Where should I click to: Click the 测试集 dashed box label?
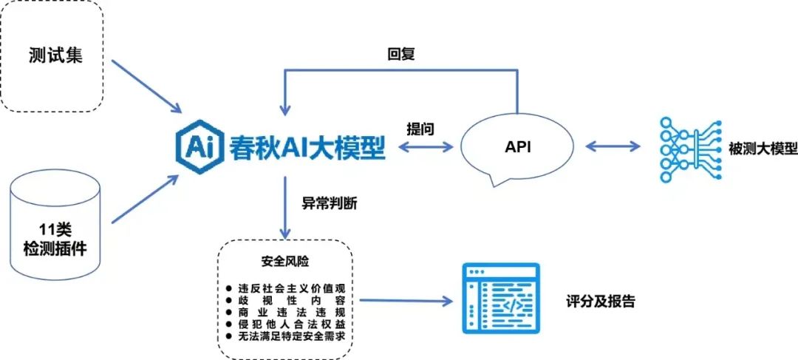click(x=55, y=55)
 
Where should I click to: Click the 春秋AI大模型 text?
click(x=307, y=147)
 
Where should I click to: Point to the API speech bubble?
click(x=519, y=148)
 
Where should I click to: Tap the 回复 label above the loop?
click(x=401, y=54)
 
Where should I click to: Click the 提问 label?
click(x=420, y=129)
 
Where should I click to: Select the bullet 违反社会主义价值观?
click(x=289, y=288)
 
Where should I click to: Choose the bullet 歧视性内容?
click(x=289, y=300)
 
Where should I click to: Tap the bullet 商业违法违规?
click(x=289, y=312)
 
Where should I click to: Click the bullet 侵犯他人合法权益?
click(x=289, y=325)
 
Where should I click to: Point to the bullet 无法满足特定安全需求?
click(x=289, y=336)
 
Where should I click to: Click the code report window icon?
click(x=501, y=299)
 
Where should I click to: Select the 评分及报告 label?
click(x=600, y=300)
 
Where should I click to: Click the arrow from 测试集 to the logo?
click(x=146, y=86)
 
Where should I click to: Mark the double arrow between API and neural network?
click(x=613, y=146)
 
